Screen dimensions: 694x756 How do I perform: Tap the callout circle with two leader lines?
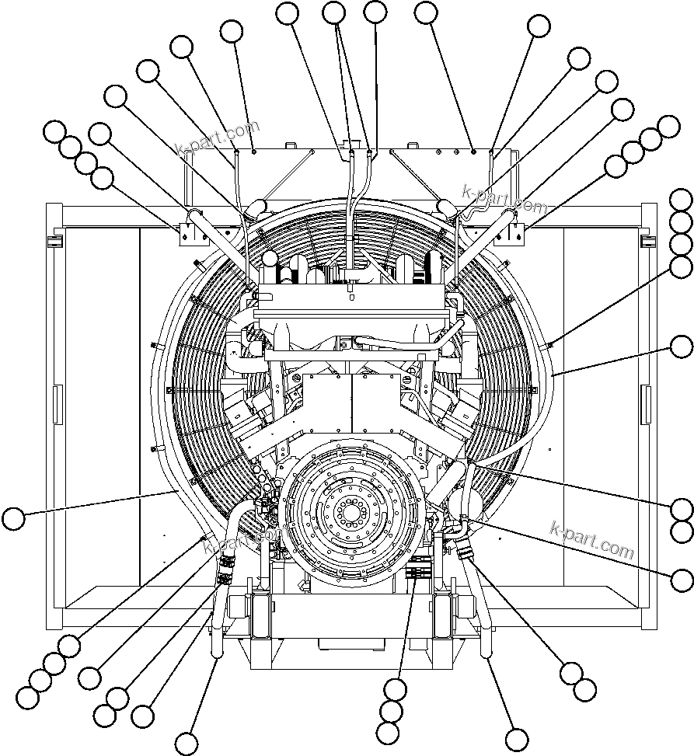coord(334,12)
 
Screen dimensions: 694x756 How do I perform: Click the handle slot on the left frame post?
coord(55,404)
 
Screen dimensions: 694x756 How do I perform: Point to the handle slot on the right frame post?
coord(646,404)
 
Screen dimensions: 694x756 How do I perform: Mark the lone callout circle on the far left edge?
coord(14,518)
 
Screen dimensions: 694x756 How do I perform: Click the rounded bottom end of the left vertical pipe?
coord(215,656)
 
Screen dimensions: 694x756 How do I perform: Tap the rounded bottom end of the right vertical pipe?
coord(489,656)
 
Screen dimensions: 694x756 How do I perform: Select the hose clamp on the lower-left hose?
coord(225,571)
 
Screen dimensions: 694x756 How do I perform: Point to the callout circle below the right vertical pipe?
coord(516,739)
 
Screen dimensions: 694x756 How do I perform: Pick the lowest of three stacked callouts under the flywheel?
coord(387,732)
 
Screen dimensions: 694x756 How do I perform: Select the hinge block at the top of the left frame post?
coord(54,242)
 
